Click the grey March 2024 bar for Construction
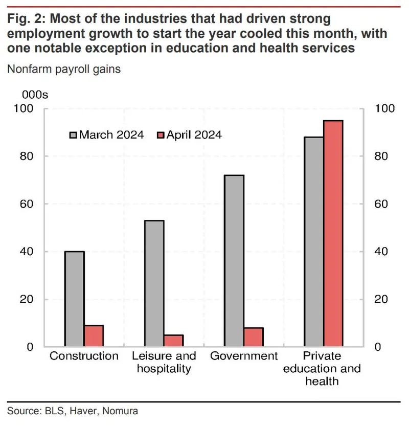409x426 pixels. tap(75, 299)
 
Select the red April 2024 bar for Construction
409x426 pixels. tap(94, 336)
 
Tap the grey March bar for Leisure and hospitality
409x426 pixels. tap(154, 283)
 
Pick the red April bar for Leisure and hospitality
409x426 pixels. tap(173, 341)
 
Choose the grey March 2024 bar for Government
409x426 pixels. tap(234, 261)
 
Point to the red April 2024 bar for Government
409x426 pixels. tap(254, 337)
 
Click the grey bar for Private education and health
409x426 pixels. tap(314, 241)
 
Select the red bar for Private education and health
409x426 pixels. tap(333, 233)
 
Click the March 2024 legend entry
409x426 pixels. tap(107, 135)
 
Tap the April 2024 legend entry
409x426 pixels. tap(189, 135)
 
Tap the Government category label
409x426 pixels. tap(244, 356)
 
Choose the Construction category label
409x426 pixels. tap(84, 356)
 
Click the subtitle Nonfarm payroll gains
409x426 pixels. tap(64, 69)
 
